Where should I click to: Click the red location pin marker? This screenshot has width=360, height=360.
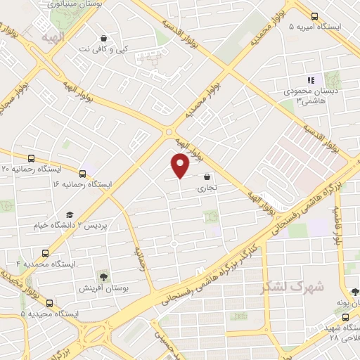pos(181,165)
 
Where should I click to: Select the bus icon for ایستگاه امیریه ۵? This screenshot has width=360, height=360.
pos(314,17)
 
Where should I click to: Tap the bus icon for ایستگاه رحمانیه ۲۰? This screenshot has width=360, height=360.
pos(30,159)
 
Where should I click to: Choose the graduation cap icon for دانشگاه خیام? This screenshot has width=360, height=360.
pos(69,215)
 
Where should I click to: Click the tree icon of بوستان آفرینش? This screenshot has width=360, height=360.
pos(104,276)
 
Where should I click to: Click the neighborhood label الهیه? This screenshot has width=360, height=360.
pos(53,37)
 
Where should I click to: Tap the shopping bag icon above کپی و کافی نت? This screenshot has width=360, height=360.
pos(103,38)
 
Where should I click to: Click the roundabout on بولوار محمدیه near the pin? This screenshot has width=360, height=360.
pos(169,131)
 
